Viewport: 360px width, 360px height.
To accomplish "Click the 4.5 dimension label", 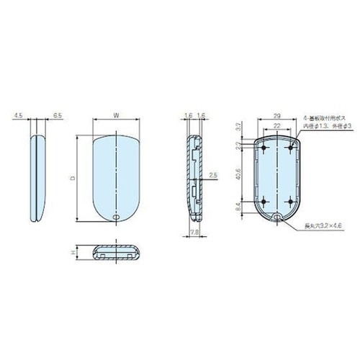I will [17, 114].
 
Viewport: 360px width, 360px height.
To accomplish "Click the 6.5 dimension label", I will [57, 114].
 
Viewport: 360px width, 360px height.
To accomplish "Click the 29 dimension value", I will [276, 114].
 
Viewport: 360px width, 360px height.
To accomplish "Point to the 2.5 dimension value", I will [213, 175].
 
